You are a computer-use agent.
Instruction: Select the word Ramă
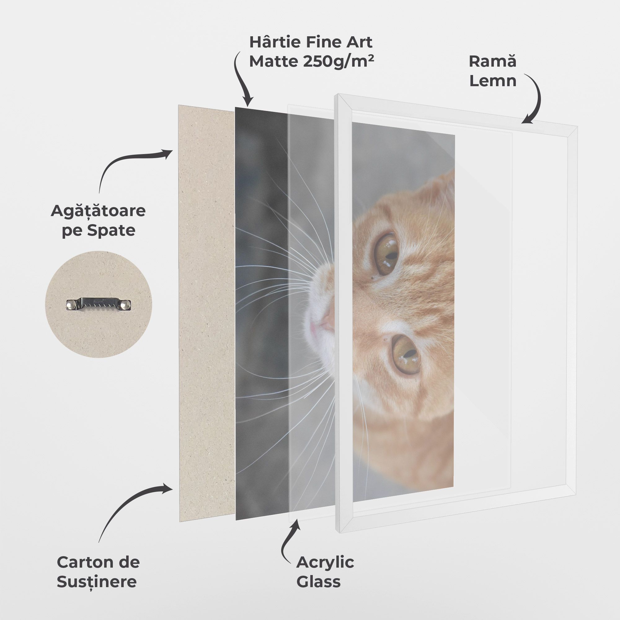point(493,61)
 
